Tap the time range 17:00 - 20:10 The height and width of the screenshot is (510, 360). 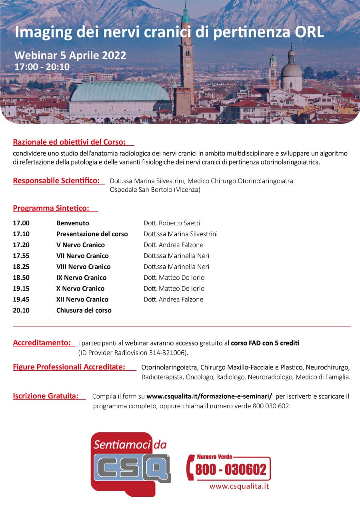[42, 66]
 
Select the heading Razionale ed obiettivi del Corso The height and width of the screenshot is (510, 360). [69, 142]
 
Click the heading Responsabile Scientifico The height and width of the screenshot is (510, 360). [56, 181]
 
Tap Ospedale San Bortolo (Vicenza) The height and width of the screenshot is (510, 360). [155, 190]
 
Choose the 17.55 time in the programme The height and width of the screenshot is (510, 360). [21, 256]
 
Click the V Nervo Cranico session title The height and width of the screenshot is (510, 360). [80, 245]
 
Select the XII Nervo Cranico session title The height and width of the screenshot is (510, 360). [82, 299]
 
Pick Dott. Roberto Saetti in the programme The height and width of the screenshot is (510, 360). [172, 223]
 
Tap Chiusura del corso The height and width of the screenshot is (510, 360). [84, 310]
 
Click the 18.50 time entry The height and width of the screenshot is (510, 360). [21, 277]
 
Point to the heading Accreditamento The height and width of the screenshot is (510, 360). [42, 343]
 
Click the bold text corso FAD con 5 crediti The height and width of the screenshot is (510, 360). [265, 343]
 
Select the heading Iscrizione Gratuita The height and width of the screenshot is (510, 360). [46, 396]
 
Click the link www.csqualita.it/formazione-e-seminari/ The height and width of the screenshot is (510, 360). [209, 396]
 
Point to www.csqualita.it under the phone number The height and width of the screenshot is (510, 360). [239, 486]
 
